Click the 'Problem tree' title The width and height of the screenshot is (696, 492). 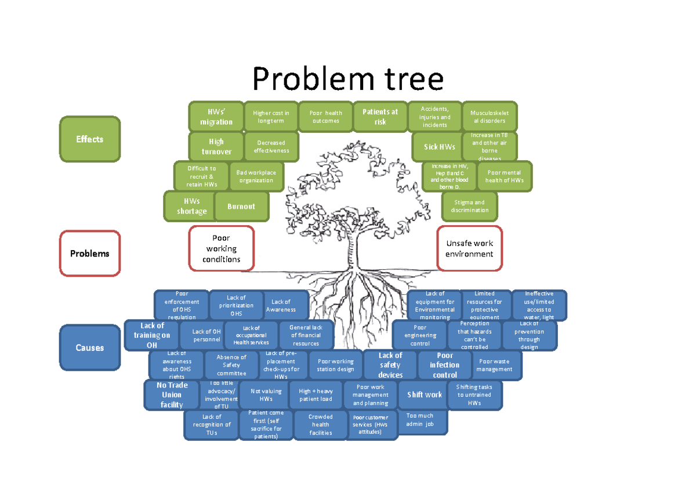coord(348,79)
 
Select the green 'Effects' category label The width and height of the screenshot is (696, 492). coord(90,139)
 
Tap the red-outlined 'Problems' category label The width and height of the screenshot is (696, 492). coord(90,254)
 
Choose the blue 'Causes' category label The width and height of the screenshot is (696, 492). coord(90,348)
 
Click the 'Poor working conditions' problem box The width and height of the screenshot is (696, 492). coord(221,248)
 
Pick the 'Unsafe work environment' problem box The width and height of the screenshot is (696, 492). coord(469,248)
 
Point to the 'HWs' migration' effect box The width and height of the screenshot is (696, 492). coord(216,117)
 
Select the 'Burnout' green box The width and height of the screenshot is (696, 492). coord(241,206)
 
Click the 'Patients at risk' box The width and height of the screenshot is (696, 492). coord(380,117)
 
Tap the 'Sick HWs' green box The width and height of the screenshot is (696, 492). coord(439,147)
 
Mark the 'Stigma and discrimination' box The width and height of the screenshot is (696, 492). coord(470,206)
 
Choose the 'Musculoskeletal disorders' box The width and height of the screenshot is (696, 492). coord(488,117)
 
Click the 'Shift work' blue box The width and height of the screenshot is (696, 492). coord(424,395)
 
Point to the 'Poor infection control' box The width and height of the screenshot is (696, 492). coord(444,365)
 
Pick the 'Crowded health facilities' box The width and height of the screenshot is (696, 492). coord(320,425)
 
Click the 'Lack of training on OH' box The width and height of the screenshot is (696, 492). coord(151,335)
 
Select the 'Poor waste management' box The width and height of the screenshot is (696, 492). coord(494,365)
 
